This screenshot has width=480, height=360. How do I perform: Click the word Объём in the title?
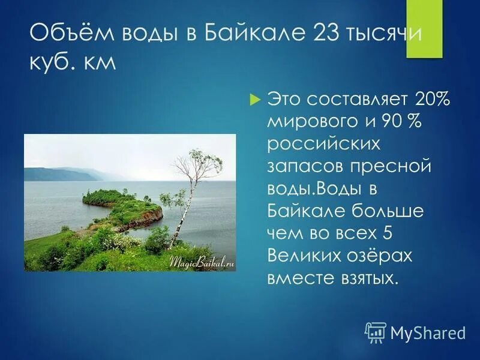point(70,32)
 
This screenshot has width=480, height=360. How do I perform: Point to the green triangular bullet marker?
point(254,98)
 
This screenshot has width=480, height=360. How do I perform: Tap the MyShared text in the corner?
point(428,332)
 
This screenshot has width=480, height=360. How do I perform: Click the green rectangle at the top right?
point(424,29)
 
